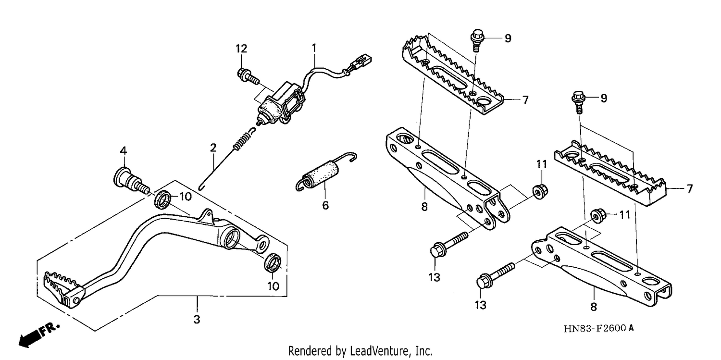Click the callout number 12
[241, 49]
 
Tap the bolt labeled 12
[248, 76]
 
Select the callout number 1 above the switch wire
[314, 48]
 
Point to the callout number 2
[213, 148]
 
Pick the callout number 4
[124, 150]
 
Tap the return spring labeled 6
[326, 173]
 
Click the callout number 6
[325, 205]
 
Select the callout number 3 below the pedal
[197, 320]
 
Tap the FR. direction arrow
[38, 335]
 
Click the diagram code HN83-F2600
[595, 328]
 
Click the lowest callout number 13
[480, 305]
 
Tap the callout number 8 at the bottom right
[594, 307]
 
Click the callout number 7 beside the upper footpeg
[525, 100]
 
